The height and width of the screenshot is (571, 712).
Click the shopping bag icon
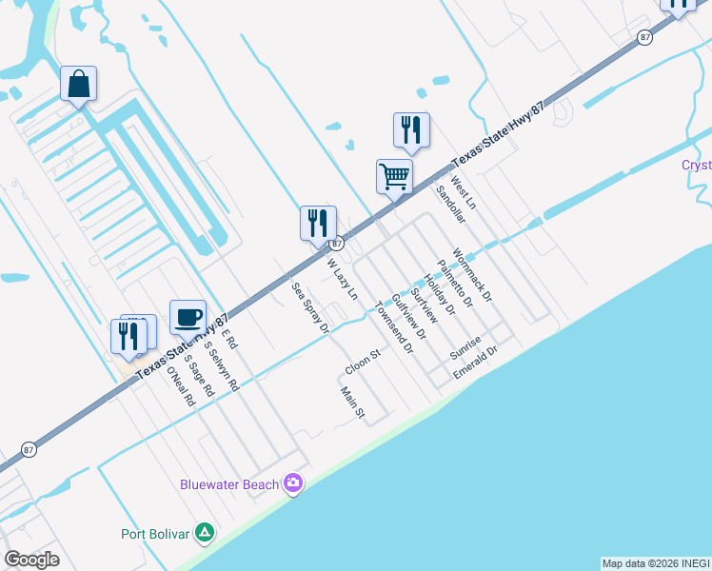78,83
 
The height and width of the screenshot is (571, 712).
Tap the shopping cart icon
394,175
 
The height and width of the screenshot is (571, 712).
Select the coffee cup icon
188,316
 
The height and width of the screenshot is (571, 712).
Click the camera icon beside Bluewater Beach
293,484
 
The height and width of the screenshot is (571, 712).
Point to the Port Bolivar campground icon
204,533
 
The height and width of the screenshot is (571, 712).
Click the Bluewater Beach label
229,484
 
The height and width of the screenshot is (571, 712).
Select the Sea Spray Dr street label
310,307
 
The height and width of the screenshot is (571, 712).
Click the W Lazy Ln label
342,279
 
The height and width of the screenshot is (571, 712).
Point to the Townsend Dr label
394,327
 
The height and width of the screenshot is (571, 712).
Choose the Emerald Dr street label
475,363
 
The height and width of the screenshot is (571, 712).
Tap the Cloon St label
363,361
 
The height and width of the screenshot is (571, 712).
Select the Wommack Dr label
472,275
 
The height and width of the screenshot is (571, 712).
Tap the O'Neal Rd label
181,386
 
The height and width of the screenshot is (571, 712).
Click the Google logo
32,559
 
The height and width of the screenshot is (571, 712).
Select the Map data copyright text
656,563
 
